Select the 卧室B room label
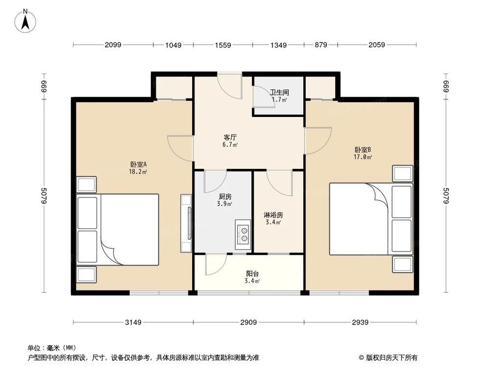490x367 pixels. coord(363,150)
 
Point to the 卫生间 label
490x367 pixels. coord(279,92)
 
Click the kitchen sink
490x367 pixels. coord(243,233)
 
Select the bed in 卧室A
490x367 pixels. coord(118,229)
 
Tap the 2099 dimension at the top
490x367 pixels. coord(113,45)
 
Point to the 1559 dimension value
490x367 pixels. coord(222,45)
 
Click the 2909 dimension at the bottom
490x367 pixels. coord(248,322)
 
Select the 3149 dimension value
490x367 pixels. coord(133,322)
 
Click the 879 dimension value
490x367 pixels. coord(320,45)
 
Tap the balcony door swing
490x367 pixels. coord(214,265)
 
